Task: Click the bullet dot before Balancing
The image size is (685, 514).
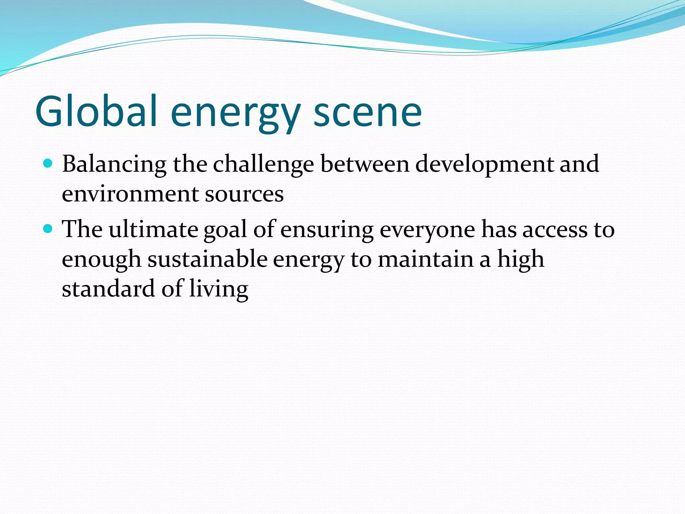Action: [x=48, y=164]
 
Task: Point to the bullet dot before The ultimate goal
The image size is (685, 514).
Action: [x=48, y=229]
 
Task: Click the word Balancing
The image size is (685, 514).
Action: [x=114, y=165]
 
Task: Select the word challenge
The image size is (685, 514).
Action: [x=263, y=165]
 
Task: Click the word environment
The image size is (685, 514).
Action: [x=130, y=194]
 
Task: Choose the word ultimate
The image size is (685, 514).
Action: [x=154, y=230]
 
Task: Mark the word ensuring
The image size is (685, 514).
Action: [x=327, y=230]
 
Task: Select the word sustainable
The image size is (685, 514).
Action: [x=207, y=260]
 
